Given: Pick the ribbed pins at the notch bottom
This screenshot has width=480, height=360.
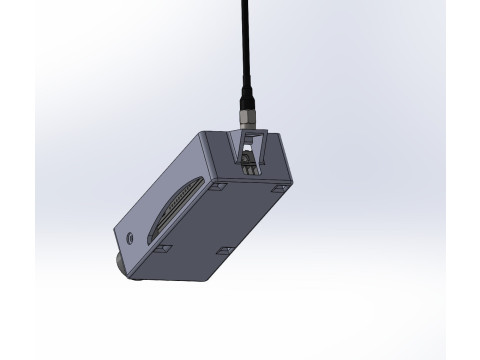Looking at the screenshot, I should [248, 170].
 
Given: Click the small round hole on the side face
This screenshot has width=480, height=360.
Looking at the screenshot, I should [133, 238].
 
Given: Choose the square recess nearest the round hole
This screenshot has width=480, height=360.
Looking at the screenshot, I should [163, 246].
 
